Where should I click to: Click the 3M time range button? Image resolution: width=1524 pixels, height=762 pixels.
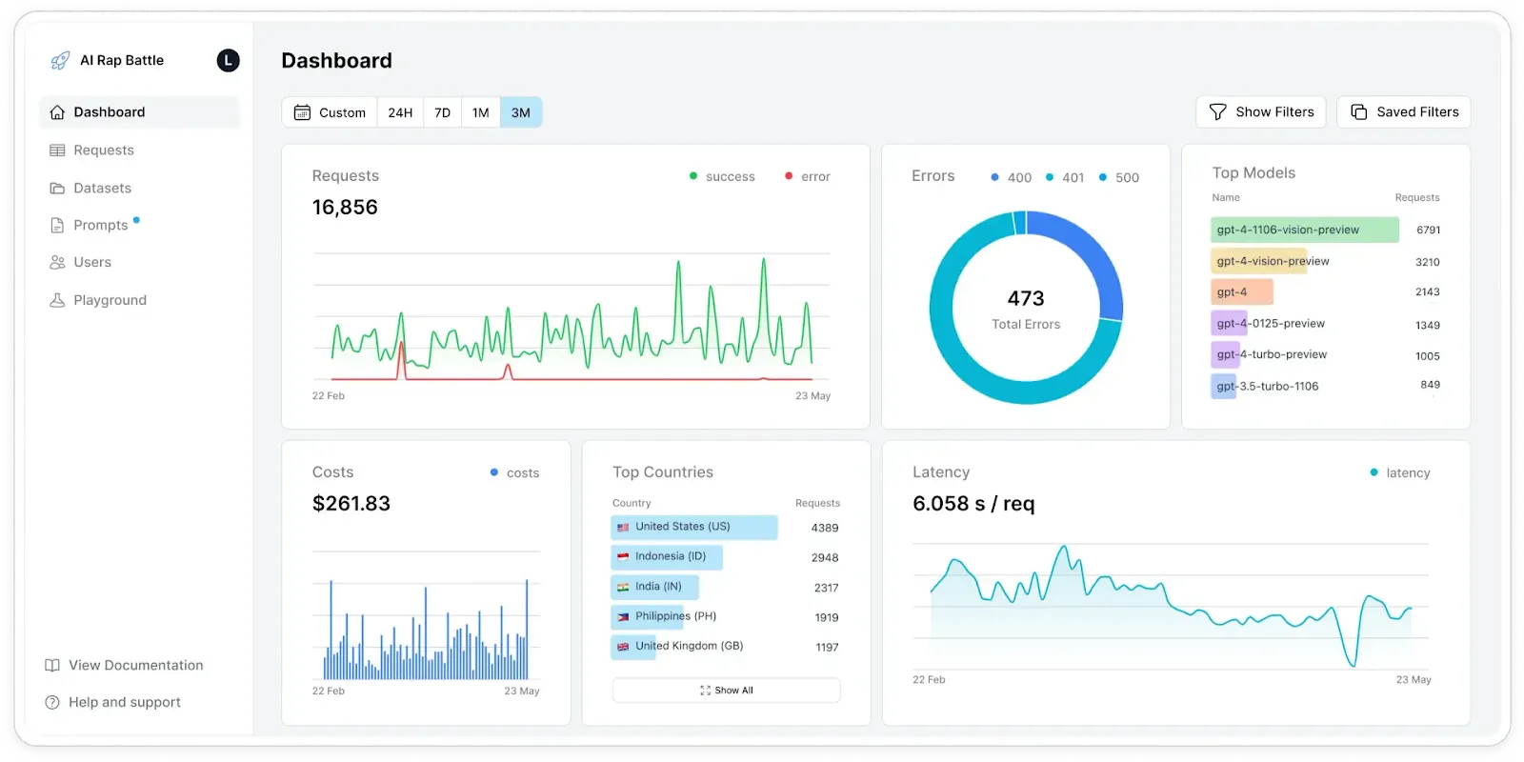click(x=520, y=112)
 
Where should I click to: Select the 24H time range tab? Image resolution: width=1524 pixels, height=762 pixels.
click(x=400, y=112)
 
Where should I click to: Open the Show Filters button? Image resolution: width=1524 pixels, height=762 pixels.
click(x=1261, y=112)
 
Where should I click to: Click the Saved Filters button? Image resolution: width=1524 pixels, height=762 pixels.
click(x=1404, y=112)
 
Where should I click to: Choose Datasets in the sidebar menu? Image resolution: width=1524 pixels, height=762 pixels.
click(x=102, y=188)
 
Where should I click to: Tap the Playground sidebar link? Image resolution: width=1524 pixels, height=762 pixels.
click(x=110, y=300)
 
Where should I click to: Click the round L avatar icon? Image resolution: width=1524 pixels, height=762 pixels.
click(x=228, y=61)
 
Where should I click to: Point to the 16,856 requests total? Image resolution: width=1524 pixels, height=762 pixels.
click(x=345, y=208)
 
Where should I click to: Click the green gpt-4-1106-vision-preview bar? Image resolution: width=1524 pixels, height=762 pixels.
click(x=1304, y=230)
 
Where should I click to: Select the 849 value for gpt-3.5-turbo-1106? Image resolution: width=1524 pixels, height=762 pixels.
click(x=1430, y=385)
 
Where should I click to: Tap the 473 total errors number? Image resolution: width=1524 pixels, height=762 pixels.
click(x=1026, y=299)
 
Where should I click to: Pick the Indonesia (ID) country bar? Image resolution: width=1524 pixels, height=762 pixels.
click(x=667, y=556)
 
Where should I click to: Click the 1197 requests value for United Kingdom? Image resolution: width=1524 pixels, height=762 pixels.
click(x=827, y=647)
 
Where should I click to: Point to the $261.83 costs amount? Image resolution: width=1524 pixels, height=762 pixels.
click(x=351, y=504)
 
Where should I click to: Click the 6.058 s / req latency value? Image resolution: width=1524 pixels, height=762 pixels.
click(x=973, y=504)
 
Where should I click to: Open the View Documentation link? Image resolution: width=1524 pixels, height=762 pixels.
click(x=135, y=665)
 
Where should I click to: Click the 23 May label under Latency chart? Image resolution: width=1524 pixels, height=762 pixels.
click(x=1414, y=679)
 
